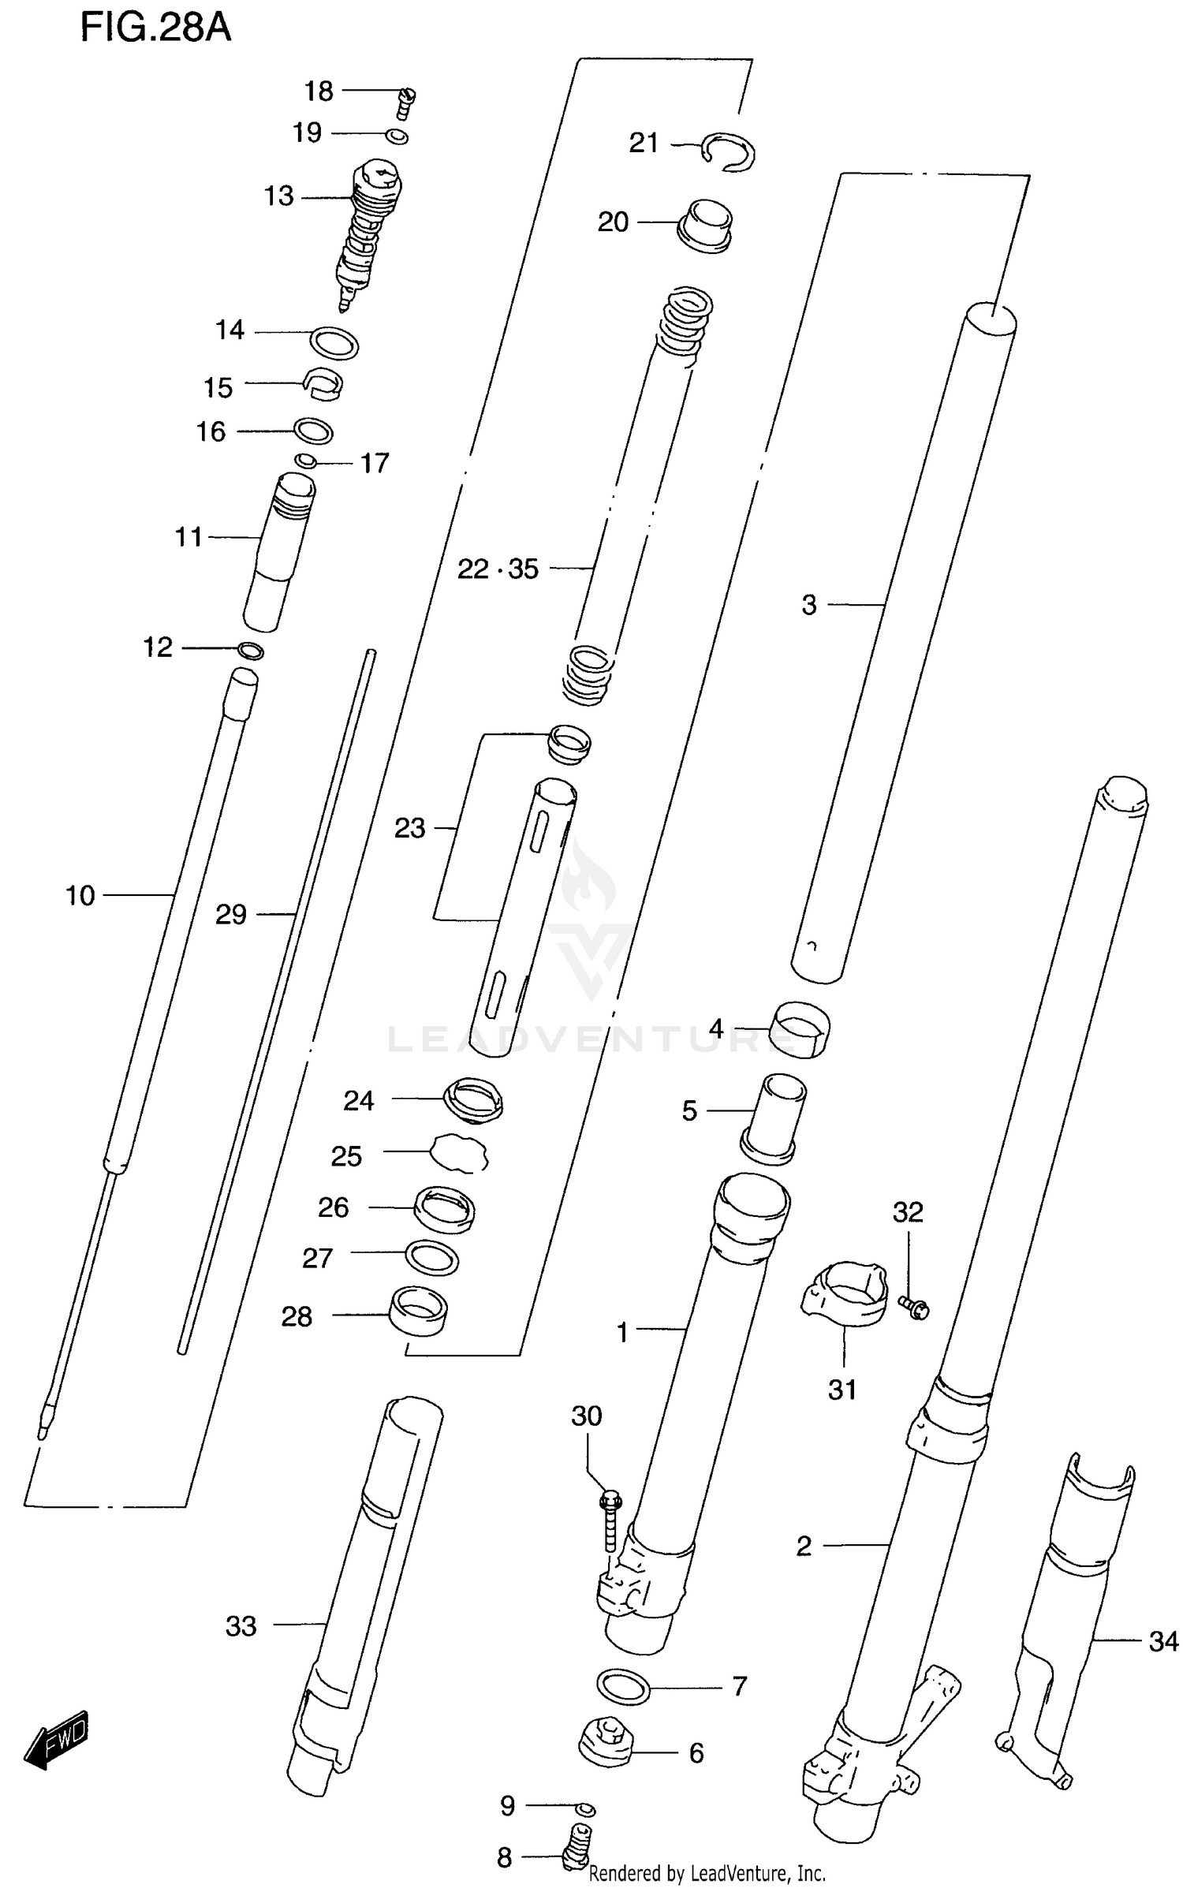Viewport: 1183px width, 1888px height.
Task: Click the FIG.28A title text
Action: pyautogui.click(x=155, y=28)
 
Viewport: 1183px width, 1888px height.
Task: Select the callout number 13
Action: pyautogui.click(x=278, y=196)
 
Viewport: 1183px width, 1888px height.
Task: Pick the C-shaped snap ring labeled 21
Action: pyautogui.click(x=730, y=151)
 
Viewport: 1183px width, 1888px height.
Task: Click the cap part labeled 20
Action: pyautogui.click(x=706, y=226)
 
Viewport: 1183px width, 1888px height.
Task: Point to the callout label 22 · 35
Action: pyautogui.click(x=498, y=569)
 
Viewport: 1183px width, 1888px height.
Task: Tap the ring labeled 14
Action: pyautogui.click(x=334, y=343)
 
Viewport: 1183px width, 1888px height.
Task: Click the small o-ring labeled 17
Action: pyautogui.click(x=306, y=461)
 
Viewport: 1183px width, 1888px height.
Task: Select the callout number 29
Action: pyautogui.click(x=231, y=915)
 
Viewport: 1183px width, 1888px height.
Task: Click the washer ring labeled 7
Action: pyautogui.click(x=623, y=1687)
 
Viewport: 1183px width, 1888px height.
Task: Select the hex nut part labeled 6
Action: pyautogui.click(x=606, y=1752)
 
